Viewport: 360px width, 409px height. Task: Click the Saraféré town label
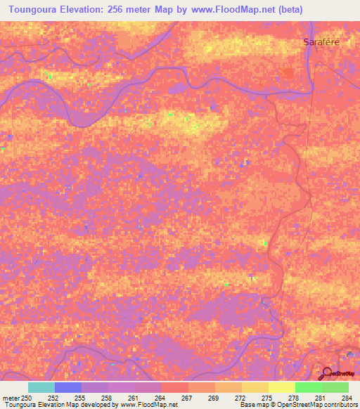click(322, 42)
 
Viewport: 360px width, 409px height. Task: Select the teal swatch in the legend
click(41, 387)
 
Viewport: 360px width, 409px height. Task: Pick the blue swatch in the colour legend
click(68, 387)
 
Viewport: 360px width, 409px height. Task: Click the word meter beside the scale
click(11, 398)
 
